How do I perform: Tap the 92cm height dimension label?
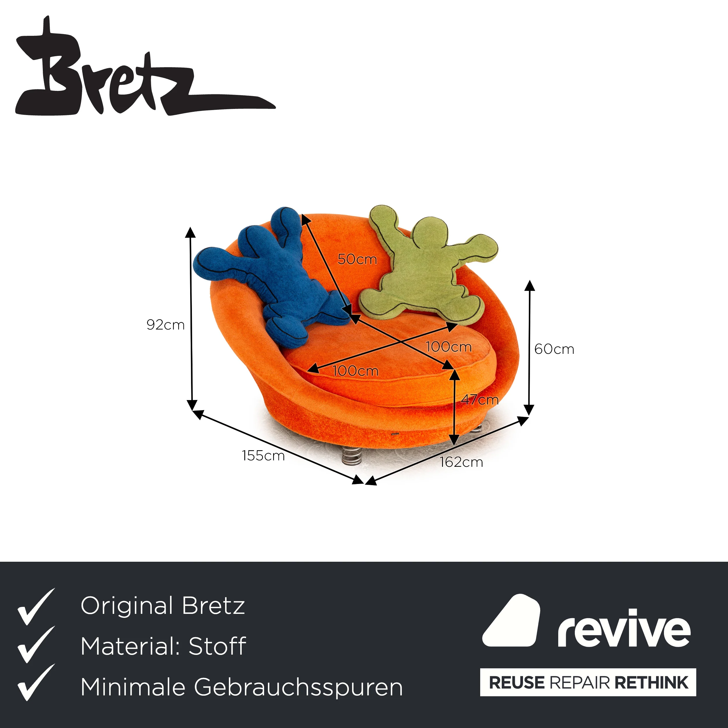tap(166, 325)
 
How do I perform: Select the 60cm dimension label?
tap(554, 349)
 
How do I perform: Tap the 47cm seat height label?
tap(480, 400)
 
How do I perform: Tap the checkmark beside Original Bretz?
tap(36, 607)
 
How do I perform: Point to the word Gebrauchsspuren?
tap(298, 687)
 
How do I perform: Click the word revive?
tap(624, 628)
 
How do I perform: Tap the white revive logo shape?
tap(511, 621)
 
